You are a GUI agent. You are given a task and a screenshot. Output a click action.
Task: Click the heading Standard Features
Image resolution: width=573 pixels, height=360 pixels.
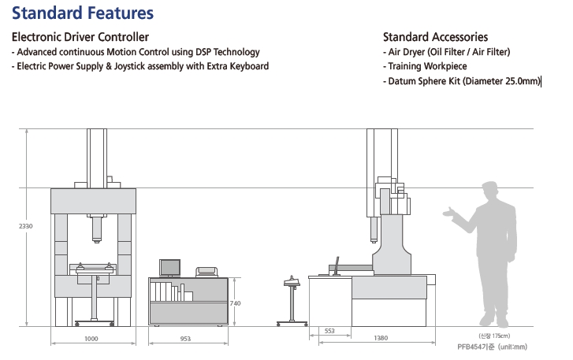[x=83, y=13]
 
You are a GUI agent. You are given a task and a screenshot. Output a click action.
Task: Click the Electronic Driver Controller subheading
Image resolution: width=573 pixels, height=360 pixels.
[x=80, y=37]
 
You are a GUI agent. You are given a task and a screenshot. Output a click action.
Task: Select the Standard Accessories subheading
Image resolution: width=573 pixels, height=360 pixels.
[x=435, y=37]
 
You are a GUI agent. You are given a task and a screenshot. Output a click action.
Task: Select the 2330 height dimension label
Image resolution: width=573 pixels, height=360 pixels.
[x=26, y=226]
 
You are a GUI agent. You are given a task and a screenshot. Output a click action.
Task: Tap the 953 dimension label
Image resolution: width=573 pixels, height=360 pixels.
[x=185, y=339]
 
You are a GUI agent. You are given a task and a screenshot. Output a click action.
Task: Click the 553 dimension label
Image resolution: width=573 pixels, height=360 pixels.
[x=329, y=331]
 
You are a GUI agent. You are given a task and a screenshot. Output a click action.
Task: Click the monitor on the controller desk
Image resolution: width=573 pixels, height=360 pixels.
[x=169, y=268]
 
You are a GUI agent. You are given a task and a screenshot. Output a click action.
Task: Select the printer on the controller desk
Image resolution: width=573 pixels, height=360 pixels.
[x=208, y=273]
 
